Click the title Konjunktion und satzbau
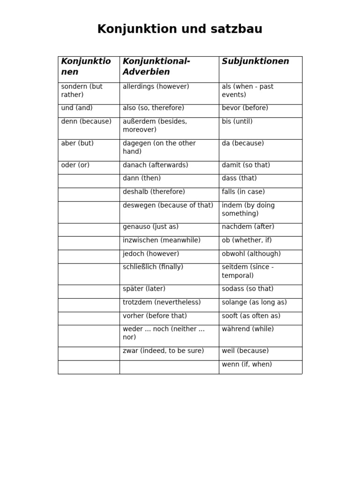tap(180, 30)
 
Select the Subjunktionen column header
tap(255, 61)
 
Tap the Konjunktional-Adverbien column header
tap(157, 67)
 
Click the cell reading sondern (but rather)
tap(82, 91)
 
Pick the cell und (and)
tap(77, 108)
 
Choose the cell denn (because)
tap(86, 122)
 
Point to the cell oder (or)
tap(75, 165)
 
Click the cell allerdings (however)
tap(156, 87)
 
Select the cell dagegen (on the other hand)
tap(159, 147)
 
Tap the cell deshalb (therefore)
tap(154, 192)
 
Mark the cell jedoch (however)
tap(151, 254)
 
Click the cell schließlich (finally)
tap(153, 267)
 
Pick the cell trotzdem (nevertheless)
tap(162, 303)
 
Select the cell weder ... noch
tap(164, 333)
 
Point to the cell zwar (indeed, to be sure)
tap(163, 351)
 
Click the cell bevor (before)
tap(245, 108)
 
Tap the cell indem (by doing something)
tap(248, 210)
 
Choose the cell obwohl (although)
tap(251, 254)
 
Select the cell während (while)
tap(248, 330)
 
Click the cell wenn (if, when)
tap(247, 365)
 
